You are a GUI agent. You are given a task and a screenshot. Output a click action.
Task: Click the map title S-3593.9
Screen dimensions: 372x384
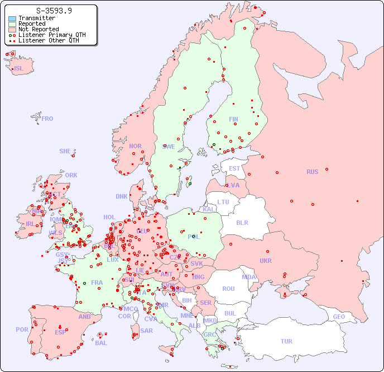54,11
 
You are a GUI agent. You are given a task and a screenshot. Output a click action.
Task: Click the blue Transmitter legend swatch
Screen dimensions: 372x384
12,18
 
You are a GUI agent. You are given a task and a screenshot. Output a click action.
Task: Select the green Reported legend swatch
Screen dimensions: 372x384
12,24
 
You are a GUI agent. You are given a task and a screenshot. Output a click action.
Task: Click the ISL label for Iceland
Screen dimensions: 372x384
19,69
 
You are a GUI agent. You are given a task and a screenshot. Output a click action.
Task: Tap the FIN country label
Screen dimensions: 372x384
233,119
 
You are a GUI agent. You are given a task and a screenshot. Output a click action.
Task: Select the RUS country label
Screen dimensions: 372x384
312,172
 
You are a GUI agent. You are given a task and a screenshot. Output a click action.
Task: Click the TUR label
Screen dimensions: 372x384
286,341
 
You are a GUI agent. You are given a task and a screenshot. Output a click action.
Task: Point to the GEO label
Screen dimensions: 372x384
339,317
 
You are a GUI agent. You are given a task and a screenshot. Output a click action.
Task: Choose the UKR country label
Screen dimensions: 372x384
266,261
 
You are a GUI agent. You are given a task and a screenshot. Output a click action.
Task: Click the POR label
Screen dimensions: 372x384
22,329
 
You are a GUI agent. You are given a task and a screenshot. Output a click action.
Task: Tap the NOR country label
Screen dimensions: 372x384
135,146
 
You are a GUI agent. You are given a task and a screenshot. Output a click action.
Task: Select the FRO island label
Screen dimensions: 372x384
47,119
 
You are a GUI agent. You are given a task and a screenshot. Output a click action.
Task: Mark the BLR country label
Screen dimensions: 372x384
242,222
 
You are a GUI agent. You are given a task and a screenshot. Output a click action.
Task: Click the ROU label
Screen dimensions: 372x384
228,289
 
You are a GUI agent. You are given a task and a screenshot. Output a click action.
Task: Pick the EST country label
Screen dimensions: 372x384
234,168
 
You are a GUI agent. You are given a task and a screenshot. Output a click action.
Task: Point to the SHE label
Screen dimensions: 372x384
65,151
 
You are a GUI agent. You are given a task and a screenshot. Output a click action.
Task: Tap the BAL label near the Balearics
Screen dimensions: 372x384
100,343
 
